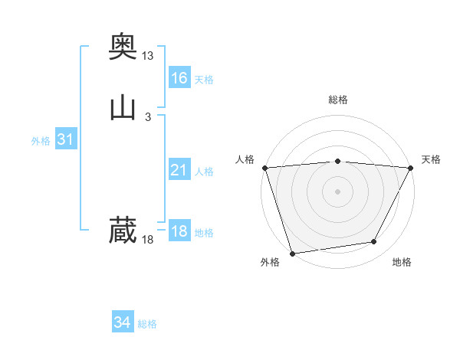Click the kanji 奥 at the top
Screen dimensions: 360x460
pos(123,47)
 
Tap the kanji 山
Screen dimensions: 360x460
pos(123,108)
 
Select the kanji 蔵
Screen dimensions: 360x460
pos(123,231)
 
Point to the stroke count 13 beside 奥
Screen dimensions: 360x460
pos(148,56)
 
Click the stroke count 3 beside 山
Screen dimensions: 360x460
pos(148,116)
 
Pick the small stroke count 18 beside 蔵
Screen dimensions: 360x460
pos(148,240)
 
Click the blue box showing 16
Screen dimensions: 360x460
pos(179,78)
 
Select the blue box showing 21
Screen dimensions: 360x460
pos(179,170)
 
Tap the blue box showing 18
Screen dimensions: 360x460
pos(179,231)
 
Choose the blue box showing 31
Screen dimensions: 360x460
pos(65,139)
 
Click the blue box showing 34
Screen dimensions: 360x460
pos(123,322)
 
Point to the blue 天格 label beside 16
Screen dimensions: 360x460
pos(204,80)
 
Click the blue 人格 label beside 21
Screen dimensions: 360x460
pos(204,172)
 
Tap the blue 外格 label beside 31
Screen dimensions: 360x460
pos(41,141)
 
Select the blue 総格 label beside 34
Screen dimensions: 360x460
pos(147,324)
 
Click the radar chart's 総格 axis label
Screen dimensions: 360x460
pos(338,100)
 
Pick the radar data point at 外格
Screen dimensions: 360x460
pos(292,253)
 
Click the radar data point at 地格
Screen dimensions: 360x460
pos(374,242)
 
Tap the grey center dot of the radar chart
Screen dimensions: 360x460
pos(337,191)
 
